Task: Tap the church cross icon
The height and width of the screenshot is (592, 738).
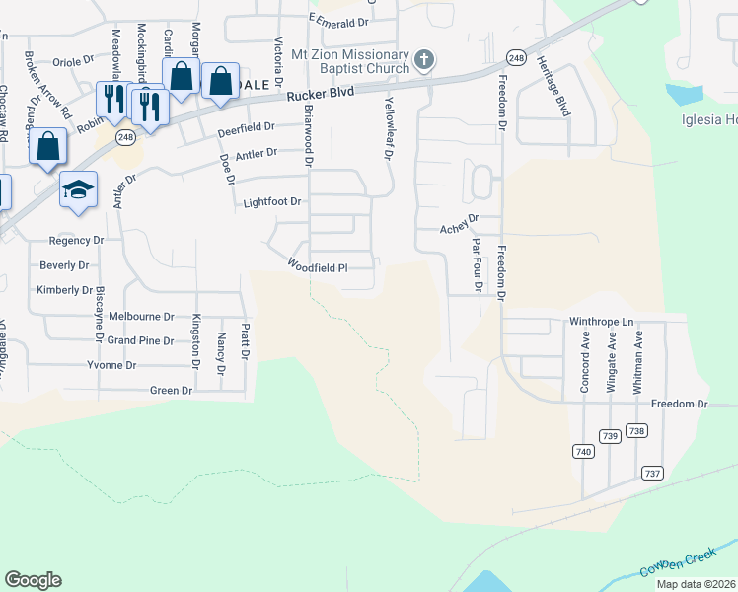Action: point(424,61)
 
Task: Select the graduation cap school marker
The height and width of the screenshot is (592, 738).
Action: point(79,190)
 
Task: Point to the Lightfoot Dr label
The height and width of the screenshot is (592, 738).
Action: point(272,203)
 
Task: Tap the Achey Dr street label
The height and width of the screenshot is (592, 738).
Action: point(459,228)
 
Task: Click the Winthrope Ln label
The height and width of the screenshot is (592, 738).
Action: point(600,322)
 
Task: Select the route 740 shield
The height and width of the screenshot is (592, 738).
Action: point(583,451)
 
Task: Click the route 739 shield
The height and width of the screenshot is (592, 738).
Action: point(610,435)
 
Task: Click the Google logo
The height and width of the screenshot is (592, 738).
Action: point(33,580)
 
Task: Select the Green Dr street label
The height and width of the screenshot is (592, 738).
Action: point(171,391)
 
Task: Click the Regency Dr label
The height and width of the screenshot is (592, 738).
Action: point(77,240)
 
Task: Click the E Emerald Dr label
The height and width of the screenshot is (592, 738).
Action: point(338,19)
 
